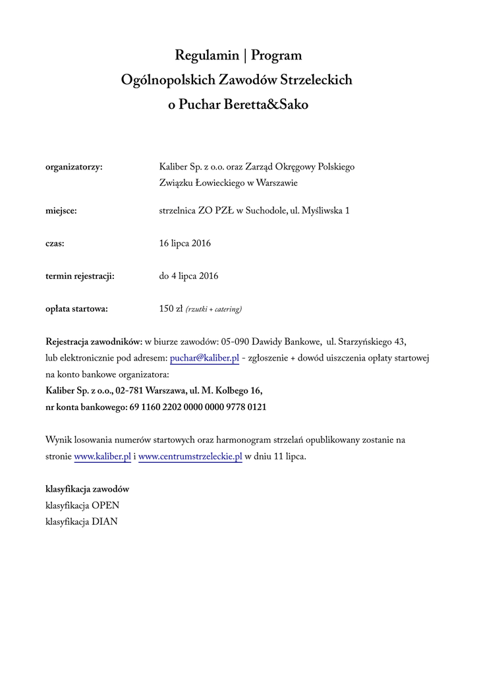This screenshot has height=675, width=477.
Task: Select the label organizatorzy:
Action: point(74,167)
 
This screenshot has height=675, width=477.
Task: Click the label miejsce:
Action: point(61,212)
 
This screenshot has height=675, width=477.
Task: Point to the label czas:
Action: point(55,244)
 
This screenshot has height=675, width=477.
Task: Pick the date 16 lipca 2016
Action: point(185,244)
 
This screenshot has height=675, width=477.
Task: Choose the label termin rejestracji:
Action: point(80,276)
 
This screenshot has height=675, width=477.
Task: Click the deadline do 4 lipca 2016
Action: point(188,276)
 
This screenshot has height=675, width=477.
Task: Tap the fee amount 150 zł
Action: point(171,308)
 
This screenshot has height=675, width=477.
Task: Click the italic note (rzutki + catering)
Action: point(213,309)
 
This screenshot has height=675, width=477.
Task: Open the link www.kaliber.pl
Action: point(103,456)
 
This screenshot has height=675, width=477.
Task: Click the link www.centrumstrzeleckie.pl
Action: point(190,456)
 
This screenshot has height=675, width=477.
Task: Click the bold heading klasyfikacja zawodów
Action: point(87,489)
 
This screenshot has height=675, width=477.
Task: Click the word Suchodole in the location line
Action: point(266,212)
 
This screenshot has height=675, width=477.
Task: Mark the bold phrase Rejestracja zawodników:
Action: point(94,341)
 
